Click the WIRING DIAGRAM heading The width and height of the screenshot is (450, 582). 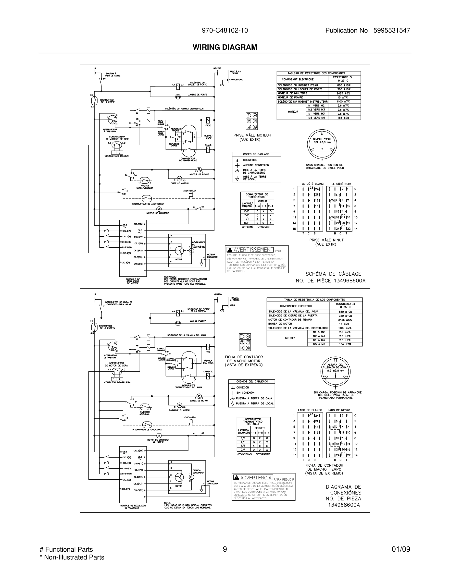[225, 47]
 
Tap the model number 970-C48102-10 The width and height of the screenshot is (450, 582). [225, 30]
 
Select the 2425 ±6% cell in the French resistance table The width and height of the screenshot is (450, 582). [344, 94]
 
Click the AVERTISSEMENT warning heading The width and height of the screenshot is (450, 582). [253, 250]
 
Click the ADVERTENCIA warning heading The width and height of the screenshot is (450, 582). [256, 478]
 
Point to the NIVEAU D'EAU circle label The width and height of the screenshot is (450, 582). [322, 141]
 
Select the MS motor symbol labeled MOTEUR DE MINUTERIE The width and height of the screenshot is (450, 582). [159, 209]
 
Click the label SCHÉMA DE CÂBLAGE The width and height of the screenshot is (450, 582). [333, 274]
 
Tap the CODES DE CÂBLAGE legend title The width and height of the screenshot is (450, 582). [256, 154]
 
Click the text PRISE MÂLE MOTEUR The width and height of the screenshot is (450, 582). [252, 135]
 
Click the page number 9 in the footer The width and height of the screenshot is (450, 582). [225, 549]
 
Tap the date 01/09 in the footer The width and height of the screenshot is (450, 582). [401, 549]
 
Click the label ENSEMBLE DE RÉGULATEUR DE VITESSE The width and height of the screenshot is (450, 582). [133, 281]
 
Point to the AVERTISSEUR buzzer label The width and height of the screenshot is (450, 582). [190, 191]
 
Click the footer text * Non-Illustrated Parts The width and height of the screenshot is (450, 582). [72, 557]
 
